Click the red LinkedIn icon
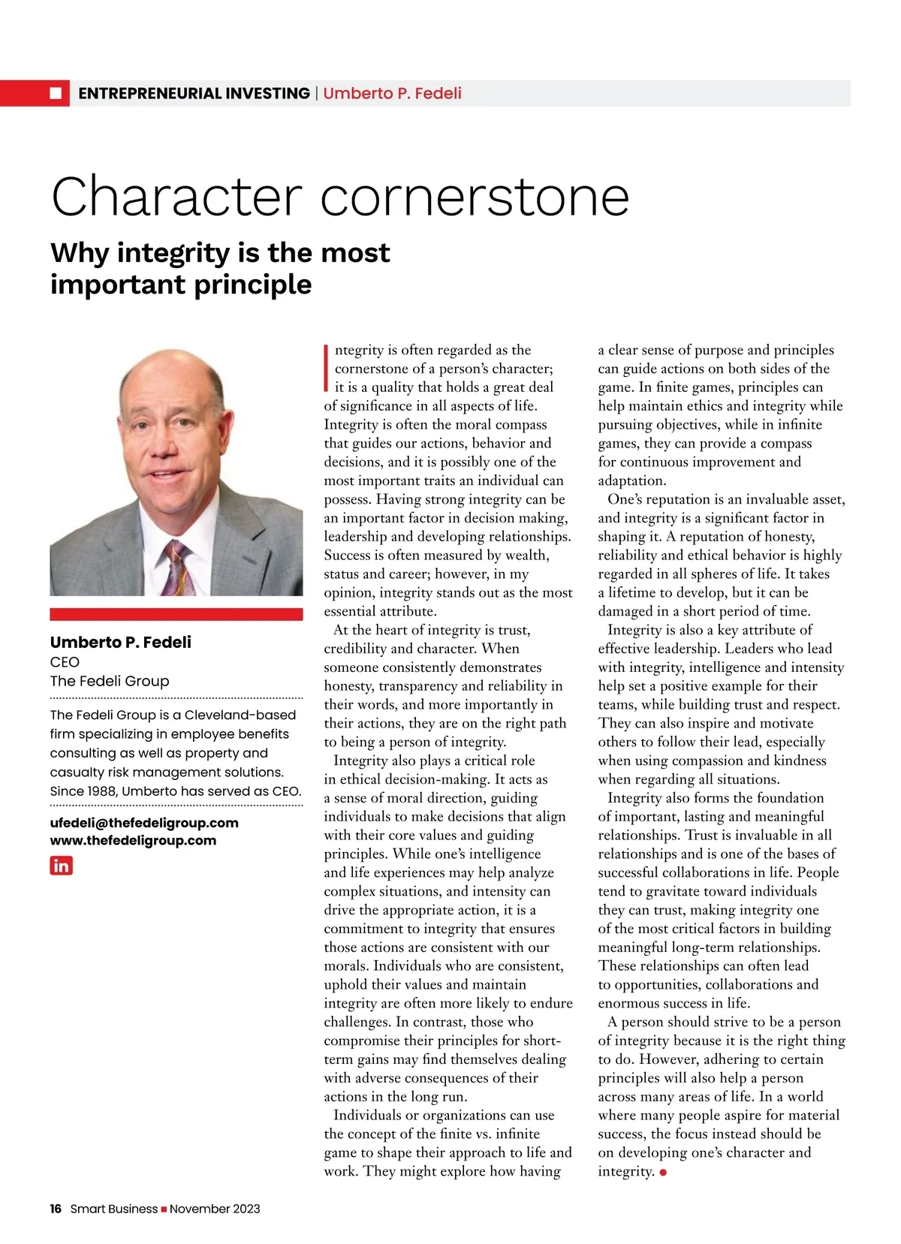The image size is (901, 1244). (61, 865)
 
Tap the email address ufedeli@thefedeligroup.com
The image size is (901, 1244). (144, 823)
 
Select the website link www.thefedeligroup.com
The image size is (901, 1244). (133, 841)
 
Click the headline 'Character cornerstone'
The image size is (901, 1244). (339, 197)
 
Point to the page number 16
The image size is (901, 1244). (56, 1209)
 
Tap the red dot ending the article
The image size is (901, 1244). (663, 1173)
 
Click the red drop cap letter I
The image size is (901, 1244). (327, 369)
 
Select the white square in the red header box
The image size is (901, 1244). (56, 93)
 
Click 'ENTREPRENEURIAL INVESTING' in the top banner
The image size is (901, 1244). (194, 93)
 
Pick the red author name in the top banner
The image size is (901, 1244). (392, 93)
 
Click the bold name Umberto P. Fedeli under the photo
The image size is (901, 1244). (121, 642)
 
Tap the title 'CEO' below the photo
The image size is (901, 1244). (65, 662)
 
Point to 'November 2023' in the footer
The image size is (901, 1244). (215, 1209)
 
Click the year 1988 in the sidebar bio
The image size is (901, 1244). (101, 791)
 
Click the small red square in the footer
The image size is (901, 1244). (164, 1209)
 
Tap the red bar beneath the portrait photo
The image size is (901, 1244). (176, 614)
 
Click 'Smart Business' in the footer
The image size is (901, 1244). (114, 1209)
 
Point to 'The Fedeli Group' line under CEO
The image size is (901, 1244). (110, 681)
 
